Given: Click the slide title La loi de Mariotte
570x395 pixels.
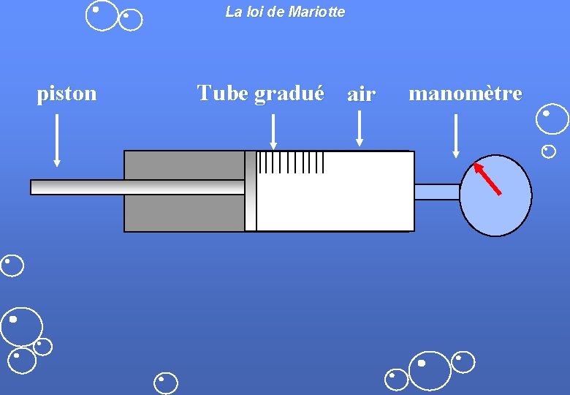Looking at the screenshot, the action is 285,12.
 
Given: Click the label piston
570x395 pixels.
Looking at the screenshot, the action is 66,94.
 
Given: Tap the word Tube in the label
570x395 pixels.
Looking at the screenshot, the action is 223,93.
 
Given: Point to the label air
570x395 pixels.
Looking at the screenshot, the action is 361,94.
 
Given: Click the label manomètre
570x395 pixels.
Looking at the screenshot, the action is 465,94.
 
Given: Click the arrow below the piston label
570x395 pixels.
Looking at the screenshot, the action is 57,140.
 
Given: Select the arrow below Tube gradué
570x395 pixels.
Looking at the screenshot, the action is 273,133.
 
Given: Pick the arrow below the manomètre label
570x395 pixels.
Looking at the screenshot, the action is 456,135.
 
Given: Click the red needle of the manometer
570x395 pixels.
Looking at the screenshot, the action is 487,178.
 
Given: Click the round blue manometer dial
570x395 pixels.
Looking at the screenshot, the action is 504,208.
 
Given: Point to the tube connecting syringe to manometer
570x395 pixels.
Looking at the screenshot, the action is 437,192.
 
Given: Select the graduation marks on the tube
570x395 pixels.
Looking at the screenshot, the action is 291,162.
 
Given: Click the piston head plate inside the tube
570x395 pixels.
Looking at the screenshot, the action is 251,191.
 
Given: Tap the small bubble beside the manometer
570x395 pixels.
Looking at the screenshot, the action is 548,151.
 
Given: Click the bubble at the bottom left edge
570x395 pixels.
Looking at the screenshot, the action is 12,266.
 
